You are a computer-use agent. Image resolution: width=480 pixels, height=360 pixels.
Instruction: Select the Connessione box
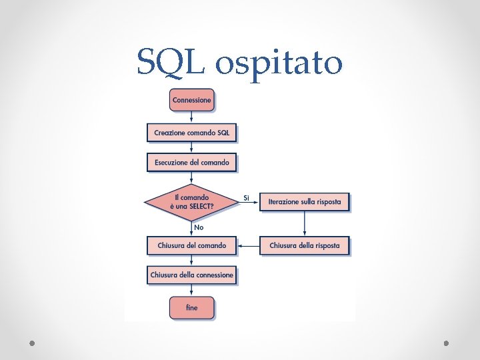click(192, 100)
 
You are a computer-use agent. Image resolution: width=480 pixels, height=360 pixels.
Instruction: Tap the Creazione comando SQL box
click(192, 133)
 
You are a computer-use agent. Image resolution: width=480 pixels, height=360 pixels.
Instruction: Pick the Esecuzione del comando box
click(192, 162)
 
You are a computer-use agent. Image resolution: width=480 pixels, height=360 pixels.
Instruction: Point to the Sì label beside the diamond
click(246, 198)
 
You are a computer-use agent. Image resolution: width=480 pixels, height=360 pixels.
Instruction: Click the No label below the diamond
click(199, 227)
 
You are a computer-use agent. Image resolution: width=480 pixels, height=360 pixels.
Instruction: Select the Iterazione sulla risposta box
click(304, 201)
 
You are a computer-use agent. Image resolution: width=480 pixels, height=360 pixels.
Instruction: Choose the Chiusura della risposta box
click(304, 245)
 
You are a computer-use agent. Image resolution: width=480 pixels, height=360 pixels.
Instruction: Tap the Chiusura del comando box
click(192, 245)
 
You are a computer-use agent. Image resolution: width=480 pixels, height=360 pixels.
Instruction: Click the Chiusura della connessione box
click(192, 275)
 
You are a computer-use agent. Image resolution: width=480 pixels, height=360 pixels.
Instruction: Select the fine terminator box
click(192, 307)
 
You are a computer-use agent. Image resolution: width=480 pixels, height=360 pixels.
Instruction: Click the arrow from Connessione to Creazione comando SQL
click(192, 117)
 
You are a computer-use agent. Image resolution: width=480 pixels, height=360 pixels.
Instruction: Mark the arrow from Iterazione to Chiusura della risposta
click(304, 223)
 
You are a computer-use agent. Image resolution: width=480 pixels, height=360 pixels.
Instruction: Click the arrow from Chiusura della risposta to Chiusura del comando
click(248, 245)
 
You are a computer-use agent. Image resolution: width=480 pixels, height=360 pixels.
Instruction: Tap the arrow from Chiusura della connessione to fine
click(192, 290)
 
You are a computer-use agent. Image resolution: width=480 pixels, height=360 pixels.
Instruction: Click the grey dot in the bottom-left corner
click(32, 343)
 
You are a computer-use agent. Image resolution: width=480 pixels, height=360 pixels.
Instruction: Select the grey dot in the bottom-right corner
click(447, 343)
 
